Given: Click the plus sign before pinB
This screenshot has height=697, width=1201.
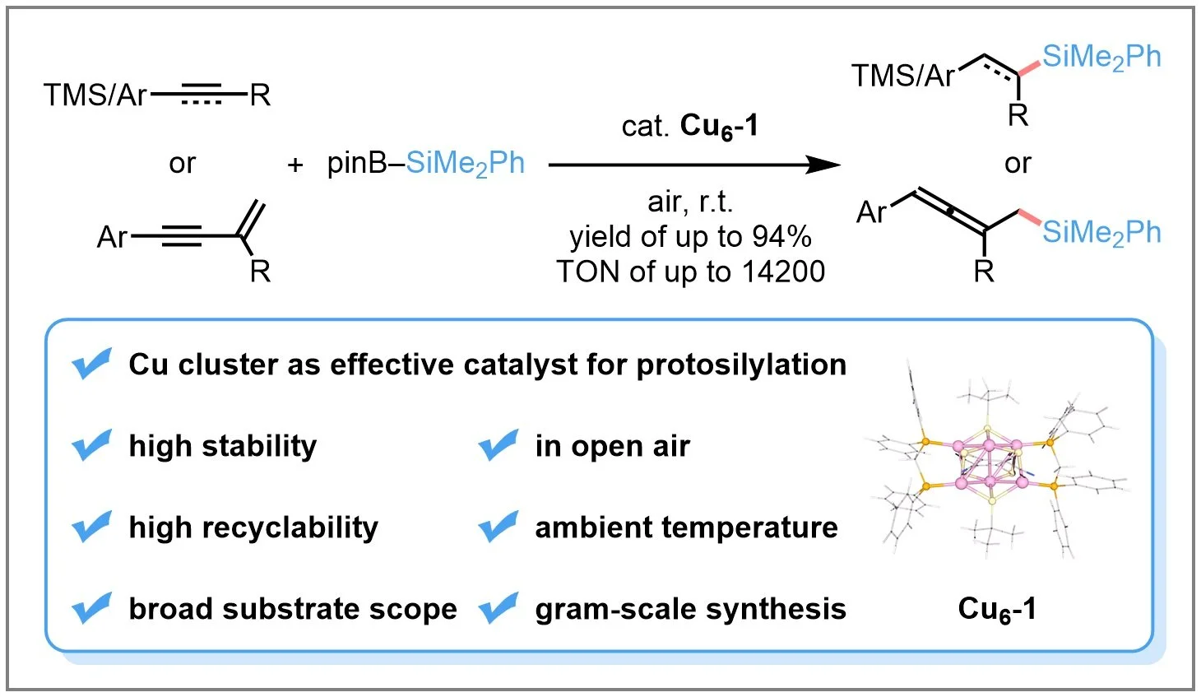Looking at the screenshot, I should (295, 165).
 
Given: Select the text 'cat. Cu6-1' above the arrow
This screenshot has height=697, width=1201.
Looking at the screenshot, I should (689, 127).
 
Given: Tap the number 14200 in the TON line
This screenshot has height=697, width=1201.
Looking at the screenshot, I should (784, 272).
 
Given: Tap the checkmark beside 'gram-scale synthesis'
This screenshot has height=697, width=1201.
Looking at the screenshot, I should (498, 608).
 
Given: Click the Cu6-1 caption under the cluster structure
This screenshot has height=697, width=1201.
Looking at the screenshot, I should (997, 610).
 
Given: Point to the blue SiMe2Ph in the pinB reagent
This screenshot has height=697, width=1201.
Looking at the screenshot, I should (465, 164).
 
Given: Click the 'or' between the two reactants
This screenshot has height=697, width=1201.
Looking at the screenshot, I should (182, 164).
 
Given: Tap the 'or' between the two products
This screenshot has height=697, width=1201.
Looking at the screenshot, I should (1018, 164).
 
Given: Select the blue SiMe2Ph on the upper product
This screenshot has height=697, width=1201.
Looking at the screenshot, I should (1101, 58).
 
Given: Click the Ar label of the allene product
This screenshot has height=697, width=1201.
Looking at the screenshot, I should (872, 213).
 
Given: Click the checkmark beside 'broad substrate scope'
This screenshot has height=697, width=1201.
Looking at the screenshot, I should (91, 608).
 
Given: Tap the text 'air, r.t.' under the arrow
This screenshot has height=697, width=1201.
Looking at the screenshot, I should (689, 202).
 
